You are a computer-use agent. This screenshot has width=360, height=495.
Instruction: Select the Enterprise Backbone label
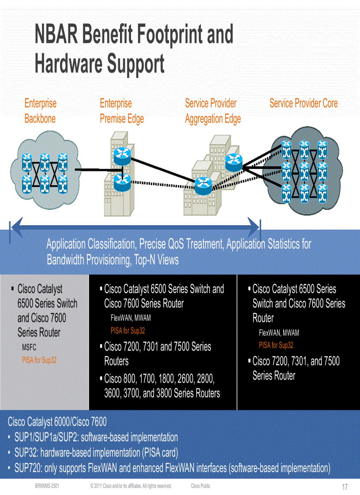pyautogui.click(x=40, y=111)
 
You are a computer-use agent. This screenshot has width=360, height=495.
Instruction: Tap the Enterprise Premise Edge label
pyautogui.click(x=122, y=111)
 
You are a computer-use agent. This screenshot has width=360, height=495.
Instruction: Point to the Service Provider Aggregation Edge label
pyautogui.click(x=213, y=111)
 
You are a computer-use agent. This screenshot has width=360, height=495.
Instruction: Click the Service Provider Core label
pyautogui.click(x=304, y=104)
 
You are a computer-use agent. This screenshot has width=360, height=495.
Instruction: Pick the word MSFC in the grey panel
pyautogui.click(x=29, y=347)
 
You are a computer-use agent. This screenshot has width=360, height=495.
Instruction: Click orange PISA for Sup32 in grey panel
pyautogui.click(x=39, y=360)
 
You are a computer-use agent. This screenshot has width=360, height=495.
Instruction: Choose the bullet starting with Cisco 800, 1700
pyautogui.click(x=161, y=386)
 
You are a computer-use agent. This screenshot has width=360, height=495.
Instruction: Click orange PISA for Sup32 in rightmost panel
pyautogui.click(x=276, y=346)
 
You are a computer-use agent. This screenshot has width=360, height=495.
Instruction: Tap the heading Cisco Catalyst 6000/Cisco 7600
pyautogui.click(x=57, y=422)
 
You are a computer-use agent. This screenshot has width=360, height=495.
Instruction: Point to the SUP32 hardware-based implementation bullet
pyautogui.click(x=96, y=452)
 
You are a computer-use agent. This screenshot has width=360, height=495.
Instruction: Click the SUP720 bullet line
pyautogui.click(x=172, y=468)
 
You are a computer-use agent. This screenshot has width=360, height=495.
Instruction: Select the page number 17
pyautogui.click(x=345, y=487)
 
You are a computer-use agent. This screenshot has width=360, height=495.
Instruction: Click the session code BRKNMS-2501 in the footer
pyautogui.click(x=47, y=486)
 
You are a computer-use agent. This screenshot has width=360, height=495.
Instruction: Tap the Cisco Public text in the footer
pyautogui.click(x=201, y=486)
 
